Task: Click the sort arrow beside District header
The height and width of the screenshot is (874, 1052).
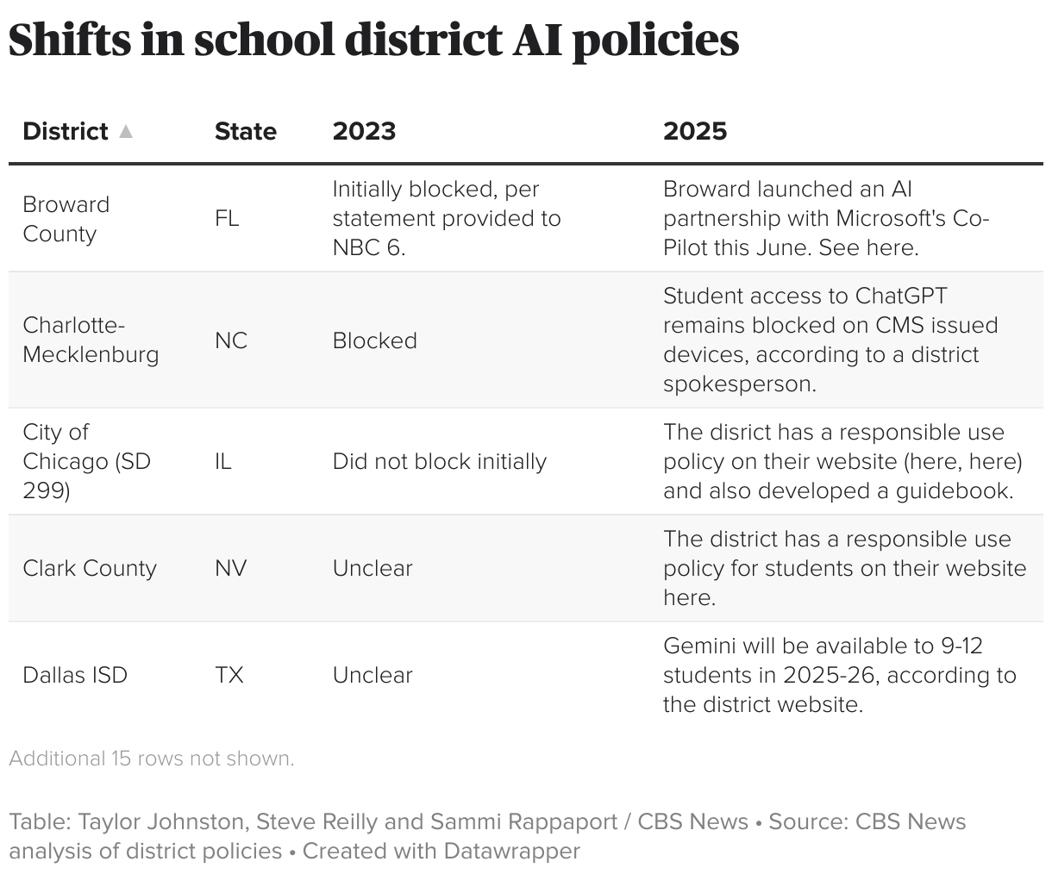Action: (x=126, y=131)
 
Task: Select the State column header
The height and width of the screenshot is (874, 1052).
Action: (x=246, y=131)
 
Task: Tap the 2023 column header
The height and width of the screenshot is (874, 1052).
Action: (x=364, y=131)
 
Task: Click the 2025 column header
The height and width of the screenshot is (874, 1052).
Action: (x=695, y=131)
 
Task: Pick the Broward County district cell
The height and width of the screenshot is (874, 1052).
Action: (x=66, y=219)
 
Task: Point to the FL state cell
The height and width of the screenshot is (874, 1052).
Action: (x=227, y=219)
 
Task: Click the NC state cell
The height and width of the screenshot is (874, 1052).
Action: (x=231, y=340)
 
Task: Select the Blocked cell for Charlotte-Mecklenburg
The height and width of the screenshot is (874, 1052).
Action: (x=375, y=340)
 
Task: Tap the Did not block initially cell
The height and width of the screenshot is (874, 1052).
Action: (x=440, y=461)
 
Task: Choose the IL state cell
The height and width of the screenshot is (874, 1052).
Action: (x=223, y=461)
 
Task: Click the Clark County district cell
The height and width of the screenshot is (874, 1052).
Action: (x=90, y=568)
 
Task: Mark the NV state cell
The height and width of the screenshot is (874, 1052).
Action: (x=231, y=568)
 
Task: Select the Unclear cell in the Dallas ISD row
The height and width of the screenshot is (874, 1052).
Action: (x=373, y=675)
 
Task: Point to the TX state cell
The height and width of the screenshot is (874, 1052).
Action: (x=229, y=675)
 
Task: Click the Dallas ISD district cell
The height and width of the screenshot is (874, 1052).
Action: (x=75, y=675)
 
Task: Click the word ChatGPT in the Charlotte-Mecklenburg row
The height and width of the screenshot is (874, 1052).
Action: (x=901, y=296)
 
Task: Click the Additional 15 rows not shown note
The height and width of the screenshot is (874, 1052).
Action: (x=152, y=759)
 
